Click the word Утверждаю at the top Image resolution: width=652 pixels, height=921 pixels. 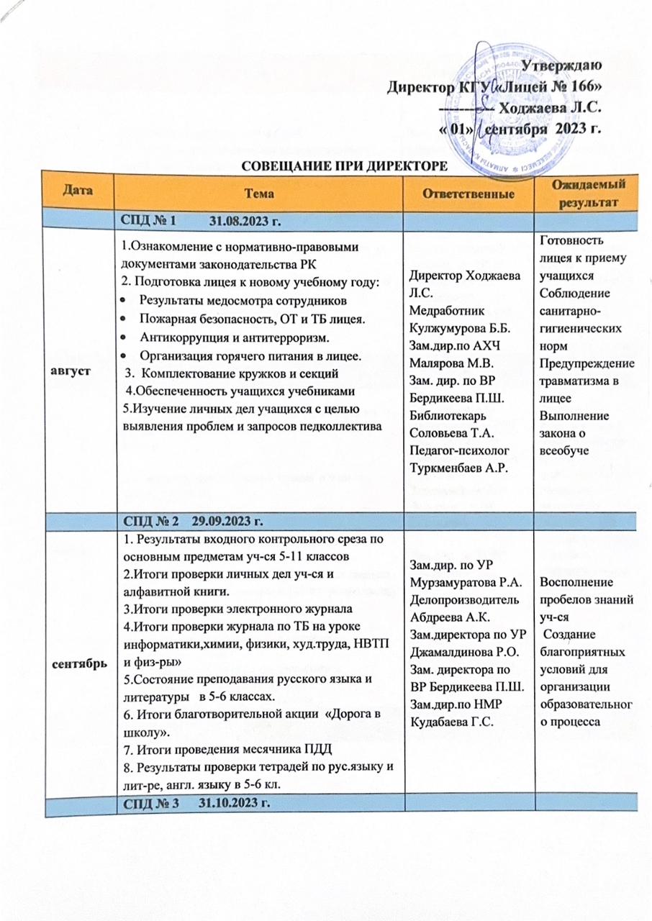coord(561,65)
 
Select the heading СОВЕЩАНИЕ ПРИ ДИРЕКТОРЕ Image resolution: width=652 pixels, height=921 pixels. coord(344,167)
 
